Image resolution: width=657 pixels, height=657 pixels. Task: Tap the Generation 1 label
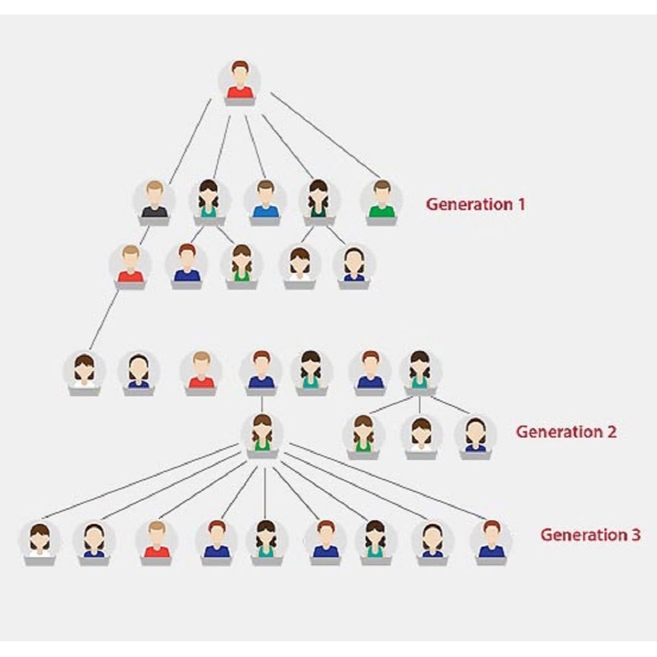coord(475,204)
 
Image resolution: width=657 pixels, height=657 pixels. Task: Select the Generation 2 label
coord(566,432)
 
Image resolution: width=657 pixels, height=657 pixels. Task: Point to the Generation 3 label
coord(590,535)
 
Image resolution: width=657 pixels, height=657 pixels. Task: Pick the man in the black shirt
coord(155,200)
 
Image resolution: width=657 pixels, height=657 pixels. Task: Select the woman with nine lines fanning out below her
coord(262,433)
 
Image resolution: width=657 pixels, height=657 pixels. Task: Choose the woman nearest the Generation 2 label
coord(475,434)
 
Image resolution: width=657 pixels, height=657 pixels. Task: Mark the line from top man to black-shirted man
coord(190,141)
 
